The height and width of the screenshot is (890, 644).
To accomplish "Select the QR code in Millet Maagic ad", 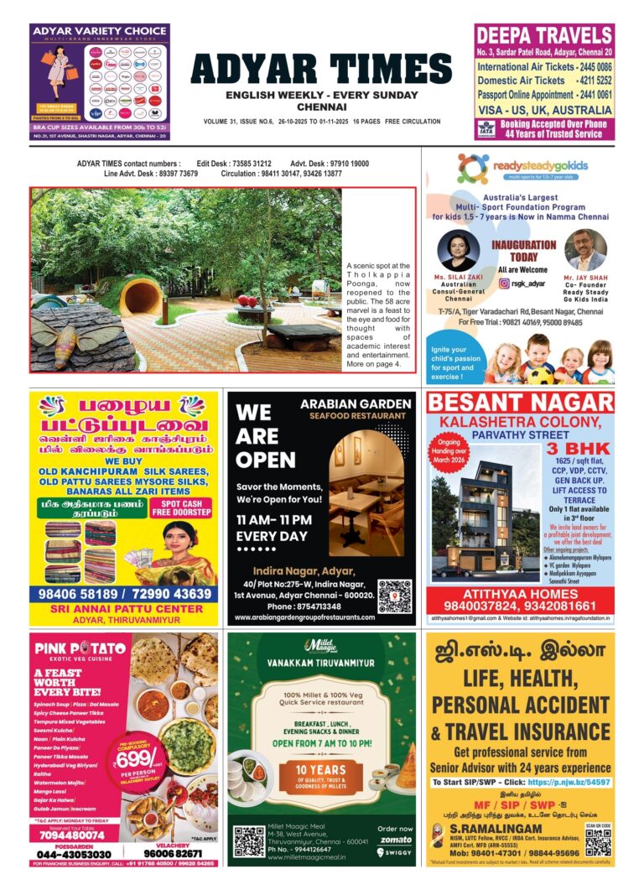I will (249, 841).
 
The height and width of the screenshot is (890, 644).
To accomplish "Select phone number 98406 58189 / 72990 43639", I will (123, 593).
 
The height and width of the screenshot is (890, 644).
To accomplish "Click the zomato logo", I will (394, 839).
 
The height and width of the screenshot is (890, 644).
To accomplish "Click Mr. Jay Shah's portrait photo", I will (585, 249).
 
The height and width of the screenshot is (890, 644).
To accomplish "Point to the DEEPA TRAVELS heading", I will (543, 35).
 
